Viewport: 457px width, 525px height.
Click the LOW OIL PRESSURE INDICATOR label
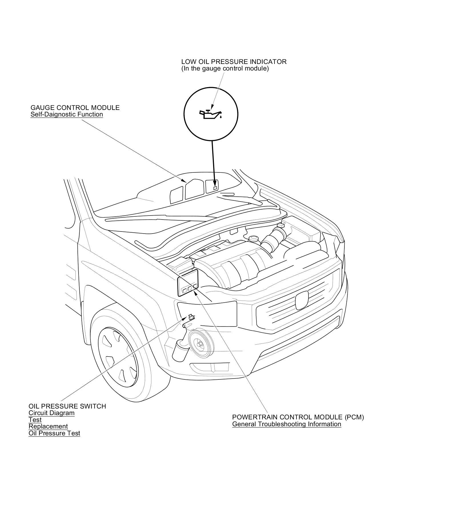[234, 62]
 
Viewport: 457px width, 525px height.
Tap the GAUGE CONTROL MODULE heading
[75, 108]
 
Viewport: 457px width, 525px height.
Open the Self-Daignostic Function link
[67, 114]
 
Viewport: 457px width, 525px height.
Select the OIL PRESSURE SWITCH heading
[67, 406]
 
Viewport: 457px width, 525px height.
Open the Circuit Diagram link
[51, 413]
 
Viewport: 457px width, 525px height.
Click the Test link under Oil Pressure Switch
[35, 420]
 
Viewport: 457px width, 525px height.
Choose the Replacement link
[48, 426]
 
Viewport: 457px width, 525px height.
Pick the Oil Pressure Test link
[54, 433]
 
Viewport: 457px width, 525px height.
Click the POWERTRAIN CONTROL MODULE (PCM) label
[298, 417]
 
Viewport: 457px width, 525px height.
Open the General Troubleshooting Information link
[286, 424]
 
